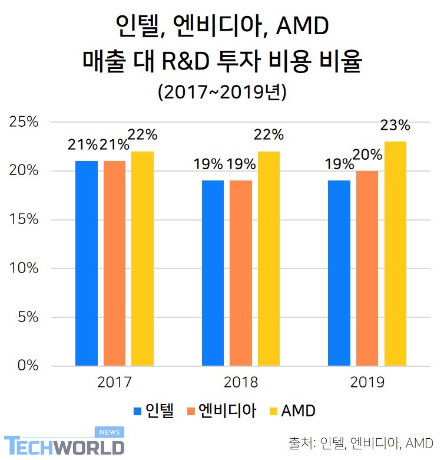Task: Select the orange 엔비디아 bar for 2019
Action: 367,268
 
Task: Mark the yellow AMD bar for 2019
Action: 395,254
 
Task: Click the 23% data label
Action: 395,125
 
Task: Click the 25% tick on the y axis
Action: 24,122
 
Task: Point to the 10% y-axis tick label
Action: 24,268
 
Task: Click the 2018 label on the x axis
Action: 241,383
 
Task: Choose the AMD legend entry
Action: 291,410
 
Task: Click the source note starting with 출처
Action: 361,443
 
